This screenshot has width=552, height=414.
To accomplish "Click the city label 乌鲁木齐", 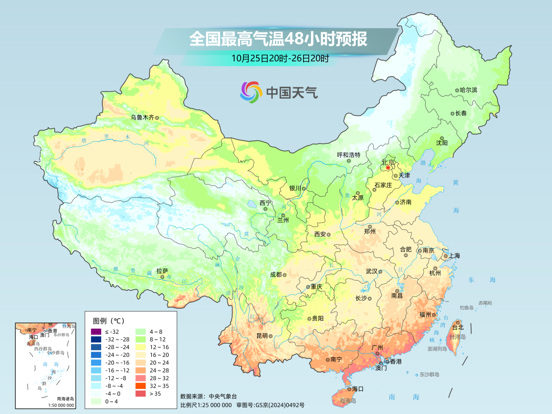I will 142,117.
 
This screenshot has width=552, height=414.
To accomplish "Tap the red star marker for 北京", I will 388,167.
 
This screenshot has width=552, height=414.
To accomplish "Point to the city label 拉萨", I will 162,270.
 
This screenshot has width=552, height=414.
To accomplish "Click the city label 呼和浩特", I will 349,155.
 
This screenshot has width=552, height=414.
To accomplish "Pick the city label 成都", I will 275,274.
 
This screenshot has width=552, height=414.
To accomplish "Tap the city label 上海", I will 454,256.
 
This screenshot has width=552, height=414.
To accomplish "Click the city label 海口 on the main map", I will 358,389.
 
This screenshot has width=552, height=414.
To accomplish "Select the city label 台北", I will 456,327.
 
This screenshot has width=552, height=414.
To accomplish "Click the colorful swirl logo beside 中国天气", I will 251,92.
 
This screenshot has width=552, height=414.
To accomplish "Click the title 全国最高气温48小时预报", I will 278,39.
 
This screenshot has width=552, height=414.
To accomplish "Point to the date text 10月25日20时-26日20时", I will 280,58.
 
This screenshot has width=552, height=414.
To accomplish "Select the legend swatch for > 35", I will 140,393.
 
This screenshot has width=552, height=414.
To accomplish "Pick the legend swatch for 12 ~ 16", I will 140,347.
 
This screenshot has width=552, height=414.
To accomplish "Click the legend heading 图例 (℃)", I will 108,320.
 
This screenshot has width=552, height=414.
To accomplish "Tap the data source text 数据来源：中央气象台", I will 209,396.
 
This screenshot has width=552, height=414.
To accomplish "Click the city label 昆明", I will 262,336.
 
